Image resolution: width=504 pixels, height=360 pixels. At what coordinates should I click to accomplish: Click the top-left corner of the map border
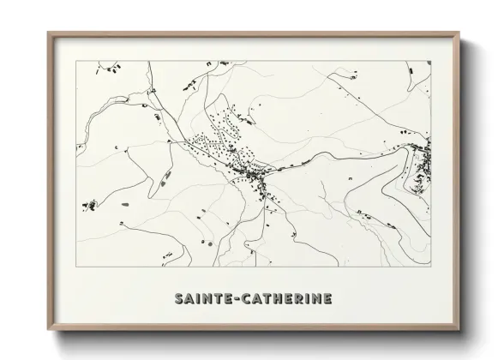[x=77, y=61]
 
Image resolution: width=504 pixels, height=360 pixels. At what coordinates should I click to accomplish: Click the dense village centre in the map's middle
[x=255, y=177]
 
